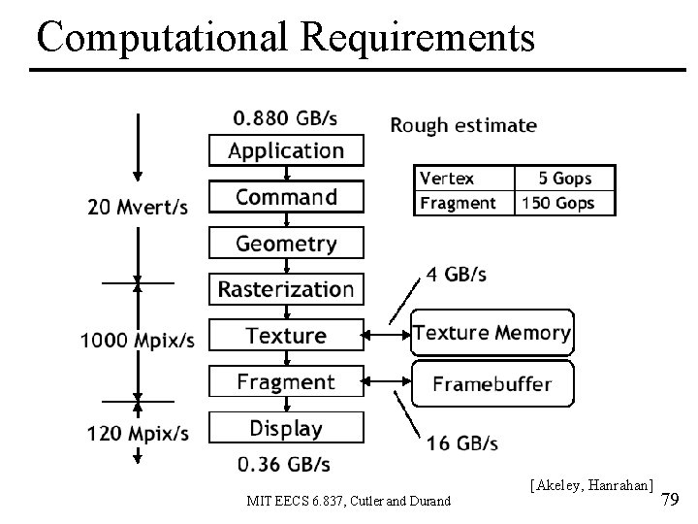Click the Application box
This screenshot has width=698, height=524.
tap(286, 150)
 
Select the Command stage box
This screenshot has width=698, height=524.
tap(286, 197)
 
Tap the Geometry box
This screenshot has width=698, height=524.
tap(286, 244)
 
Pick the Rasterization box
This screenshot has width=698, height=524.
tap(286, 289)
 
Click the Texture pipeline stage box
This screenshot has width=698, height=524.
tap(286, 336)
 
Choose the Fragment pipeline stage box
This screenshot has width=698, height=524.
tap(286, 381)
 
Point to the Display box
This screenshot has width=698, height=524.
tap(286, 428)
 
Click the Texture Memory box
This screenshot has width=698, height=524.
tap(492, 333)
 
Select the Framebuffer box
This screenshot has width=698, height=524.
tap(492, 383)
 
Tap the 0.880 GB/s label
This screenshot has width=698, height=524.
tap(285, 119)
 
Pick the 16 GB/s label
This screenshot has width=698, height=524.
tap(461, 443)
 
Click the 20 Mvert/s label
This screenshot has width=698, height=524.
tap(138, 206)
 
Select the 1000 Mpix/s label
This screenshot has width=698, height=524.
tap(138, 341)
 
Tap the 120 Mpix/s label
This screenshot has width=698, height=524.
tap(138, 433)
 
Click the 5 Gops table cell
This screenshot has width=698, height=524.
tap(565, 179)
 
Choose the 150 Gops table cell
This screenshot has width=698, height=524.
tap(565, 203)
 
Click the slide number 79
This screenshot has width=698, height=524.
tap(670, 500)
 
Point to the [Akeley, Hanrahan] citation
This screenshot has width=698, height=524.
tap(592, 482)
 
